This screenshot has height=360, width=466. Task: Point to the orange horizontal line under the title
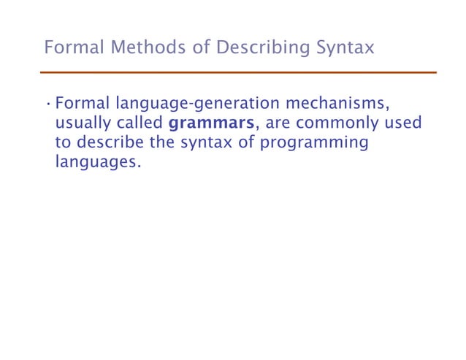237,73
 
